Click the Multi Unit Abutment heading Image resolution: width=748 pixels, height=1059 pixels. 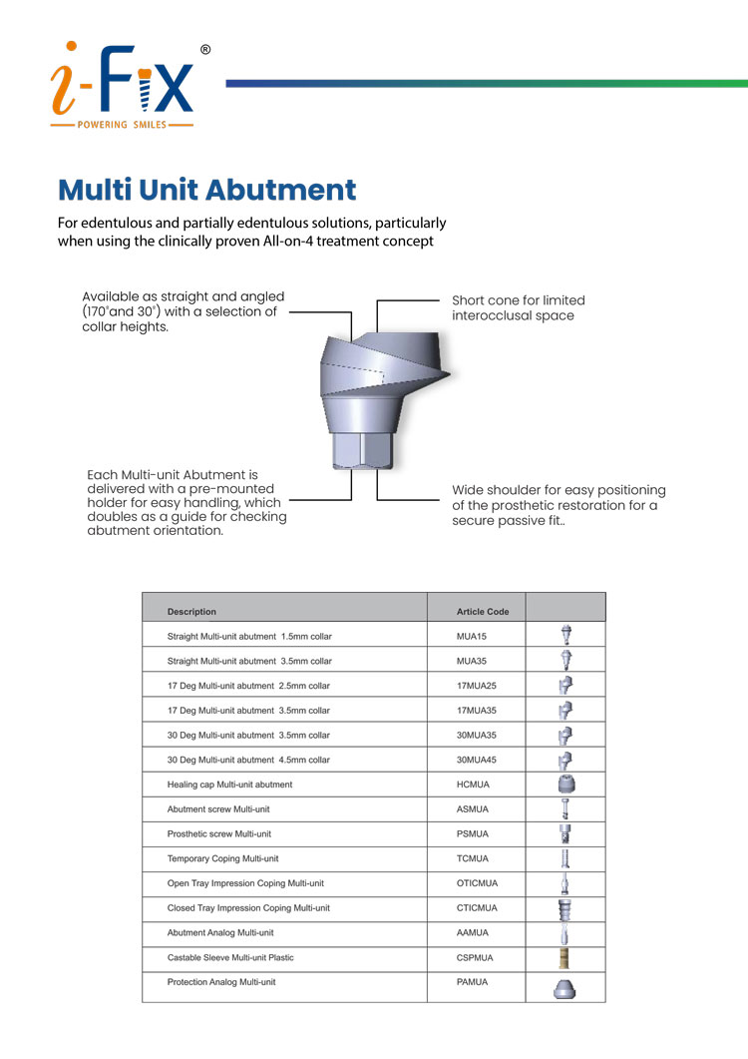(x=206, y=190)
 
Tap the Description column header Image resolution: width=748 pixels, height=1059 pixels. (x=191, y=611)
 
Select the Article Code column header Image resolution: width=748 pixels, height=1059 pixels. (x=483, y=611)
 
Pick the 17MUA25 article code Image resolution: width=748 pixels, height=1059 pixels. (x=475, y=686)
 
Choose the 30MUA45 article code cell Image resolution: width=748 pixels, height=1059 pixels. (x=475, y=761)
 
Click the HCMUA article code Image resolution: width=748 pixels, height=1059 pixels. (x=472, y=786)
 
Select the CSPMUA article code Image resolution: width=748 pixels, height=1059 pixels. (x=475, y=958)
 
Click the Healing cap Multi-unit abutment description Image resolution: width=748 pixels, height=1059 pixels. (x=229, y=786)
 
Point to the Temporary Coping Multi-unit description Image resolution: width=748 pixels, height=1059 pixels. (x=222, y=858)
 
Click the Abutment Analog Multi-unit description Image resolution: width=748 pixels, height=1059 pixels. (x=219, y=933)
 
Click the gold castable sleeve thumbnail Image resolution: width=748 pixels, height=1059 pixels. (x=565, y=958)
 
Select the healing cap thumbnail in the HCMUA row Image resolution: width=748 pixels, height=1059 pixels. (x=565, y=786)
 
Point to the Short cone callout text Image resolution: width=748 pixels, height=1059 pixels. (x=519, y=307)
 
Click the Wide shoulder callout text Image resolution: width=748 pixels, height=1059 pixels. (x=559, y=505)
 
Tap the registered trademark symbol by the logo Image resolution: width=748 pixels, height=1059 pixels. (x=205, y=49)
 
